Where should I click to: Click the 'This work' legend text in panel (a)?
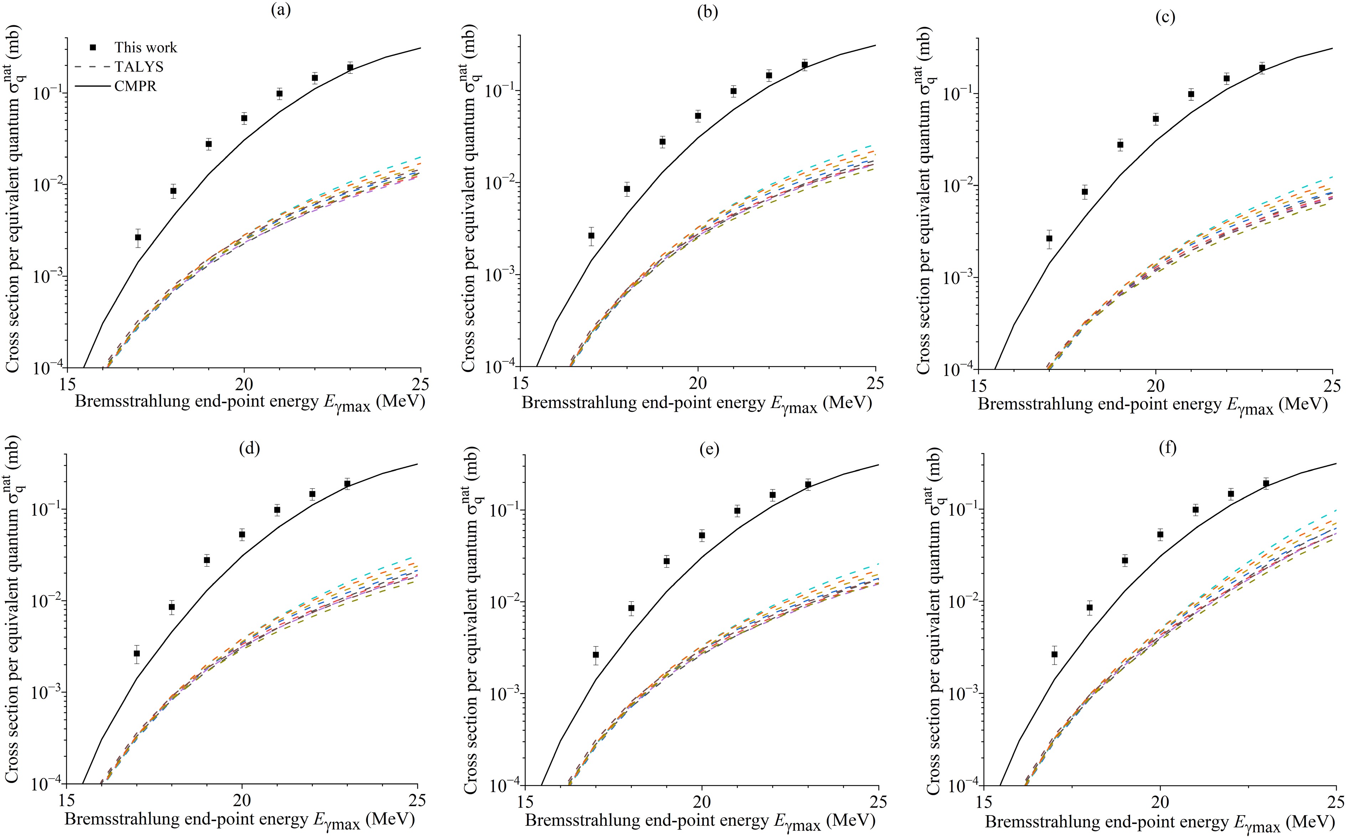146,48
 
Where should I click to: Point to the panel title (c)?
1165,17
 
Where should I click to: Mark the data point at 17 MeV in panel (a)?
138,237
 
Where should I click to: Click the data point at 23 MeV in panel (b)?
804,65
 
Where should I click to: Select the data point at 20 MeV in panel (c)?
1156,119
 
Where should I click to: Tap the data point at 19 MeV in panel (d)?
207,560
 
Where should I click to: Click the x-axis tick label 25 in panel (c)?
1332,386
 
